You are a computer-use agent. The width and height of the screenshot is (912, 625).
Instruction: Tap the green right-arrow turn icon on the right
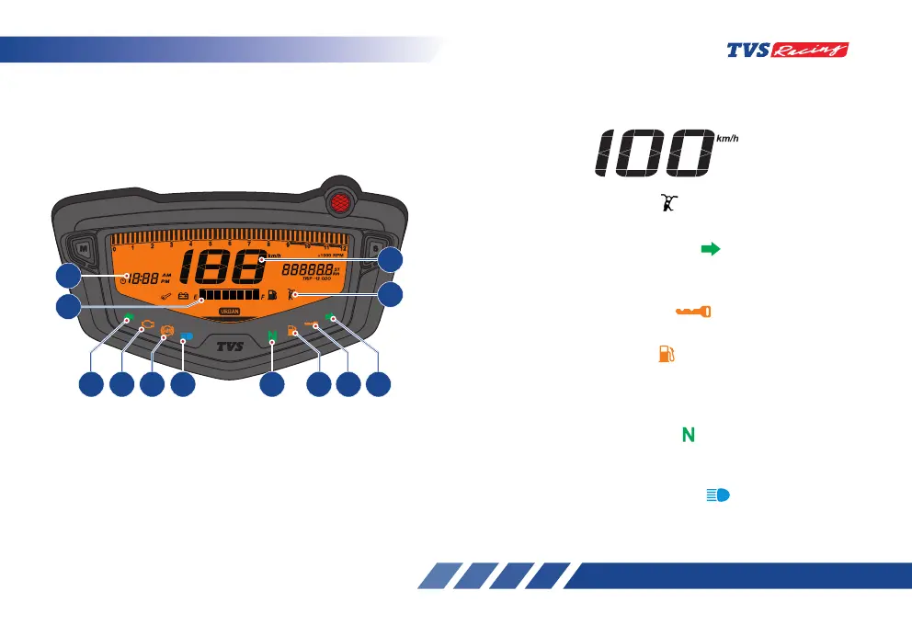click(710, 248)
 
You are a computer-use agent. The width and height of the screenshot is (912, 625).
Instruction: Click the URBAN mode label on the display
click(231, 312)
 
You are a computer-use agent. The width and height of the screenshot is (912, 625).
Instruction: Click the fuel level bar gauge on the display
click(229, 296)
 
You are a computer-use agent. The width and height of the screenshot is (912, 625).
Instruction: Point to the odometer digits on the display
click(307, 270)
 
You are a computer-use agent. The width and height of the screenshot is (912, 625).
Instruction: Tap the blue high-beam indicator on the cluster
click(187, 335)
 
